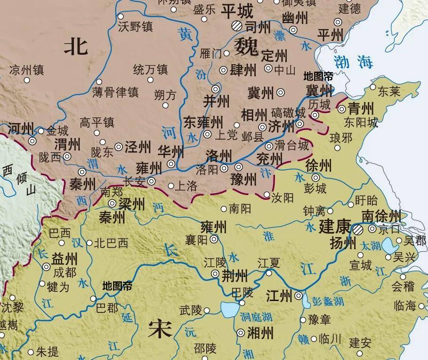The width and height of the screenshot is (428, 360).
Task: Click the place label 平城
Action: coord(237,10)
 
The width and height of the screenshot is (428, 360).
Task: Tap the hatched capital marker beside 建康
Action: coord(359,229)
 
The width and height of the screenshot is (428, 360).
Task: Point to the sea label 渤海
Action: coord(353,61)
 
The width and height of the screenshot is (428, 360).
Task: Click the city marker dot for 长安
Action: coord(152,181)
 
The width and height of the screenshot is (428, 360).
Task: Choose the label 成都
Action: coord(65,272)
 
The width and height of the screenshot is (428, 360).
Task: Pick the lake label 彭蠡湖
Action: coord(328,301)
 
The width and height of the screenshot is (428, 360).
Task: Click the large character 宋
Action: coord(160,328)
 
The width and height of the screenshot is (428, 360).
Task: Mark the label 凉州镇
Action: coord(26,71)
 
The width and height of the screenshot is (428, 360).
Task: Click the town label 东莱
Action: coord(388,91)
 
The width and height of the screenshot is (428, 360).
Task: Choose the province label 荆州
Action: coord(235,275)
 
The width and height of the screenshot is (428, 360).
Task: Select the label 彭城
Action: coord(315,189)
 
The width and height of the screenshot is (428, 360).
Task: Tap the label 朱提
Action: coord(47,352)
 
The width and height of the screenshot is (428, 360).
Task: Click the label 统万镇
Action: coord(150,70)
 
